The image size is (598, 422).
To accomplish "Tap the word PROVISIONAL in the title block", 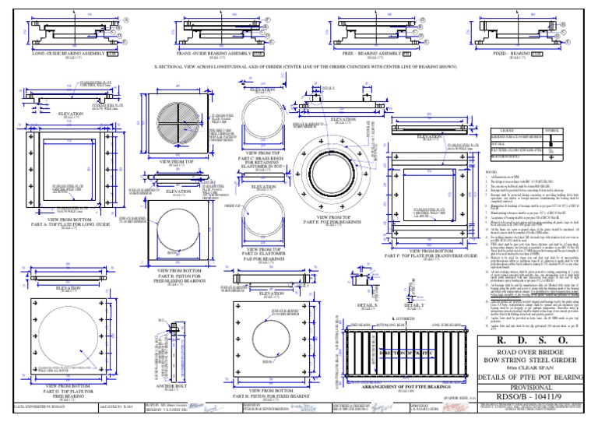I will (x=537, y=386).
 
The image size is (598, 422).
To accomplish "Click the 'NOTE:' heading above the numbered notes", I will (x=491, y=172).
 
